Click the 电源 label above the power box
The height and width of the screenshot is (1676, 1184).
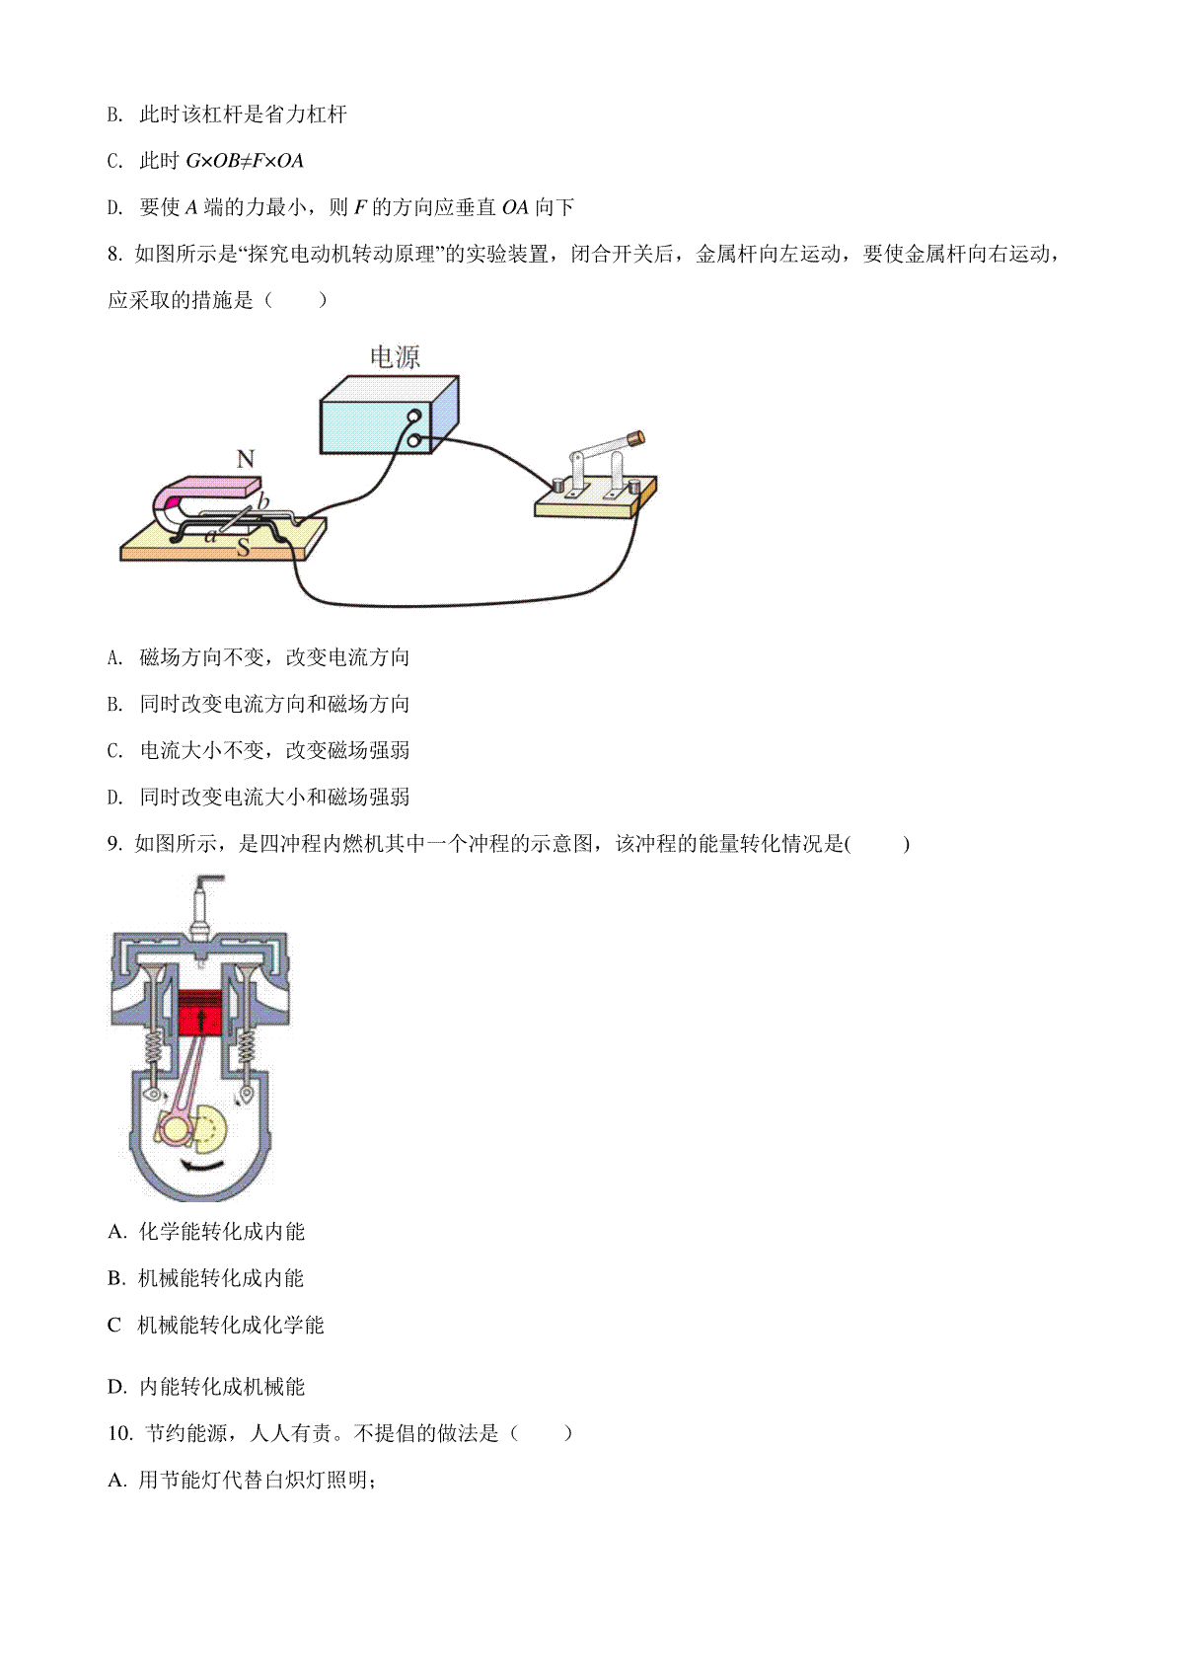point(395,357)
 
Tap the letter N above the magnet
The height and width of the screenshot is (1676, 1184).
point(246,458)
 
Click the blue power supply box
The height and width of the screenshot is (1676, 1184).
point(389,415)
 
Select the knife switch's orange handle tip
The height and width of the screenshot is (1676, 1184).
point(635,437)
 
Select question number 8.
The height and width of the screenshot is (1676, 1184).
point(114,254)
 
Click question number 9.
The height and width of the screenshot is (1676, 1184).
point(114,843)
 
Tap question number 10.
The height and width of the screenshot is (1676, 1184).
point(119,1433)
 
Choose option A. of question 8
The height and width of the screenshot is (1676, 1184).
point(259,657)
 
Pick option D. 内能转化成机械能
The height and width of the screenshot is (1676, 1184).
point(205,1387)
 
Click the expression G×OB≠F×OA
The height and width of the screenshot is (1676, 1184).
point(245,161)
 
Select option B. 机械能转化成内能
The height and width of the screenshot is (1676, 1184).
point(205,1278)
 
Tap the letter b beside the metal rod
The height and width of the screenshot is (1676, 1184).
point(262,501)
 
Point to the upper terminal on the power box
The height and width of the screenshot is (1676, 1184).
point(414,418)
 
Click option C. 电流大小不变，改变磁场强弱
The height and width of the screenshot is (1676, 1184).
point(259,750)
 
